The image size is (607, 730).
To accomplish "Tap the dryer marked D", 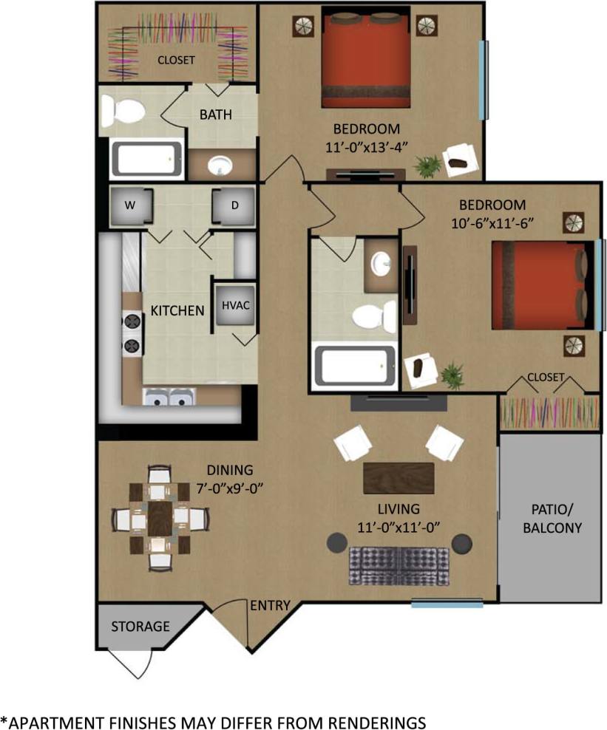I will [234, 206].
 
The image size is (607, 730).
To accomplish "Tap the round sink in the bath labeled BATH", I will [220, 166].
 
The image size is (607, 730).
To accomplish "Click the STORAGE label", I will [140, 627].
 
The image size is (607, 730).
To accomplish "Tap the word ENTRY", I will [270, 606].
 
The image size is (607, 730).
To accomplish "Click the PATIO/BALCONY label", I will [552, 519].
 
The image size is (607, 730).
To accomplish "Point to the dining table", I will [160, 517].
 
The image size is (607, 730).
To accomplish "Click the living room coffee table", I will [399, 478].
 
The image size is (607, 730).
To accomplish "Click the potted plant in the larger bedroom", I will [426, 166].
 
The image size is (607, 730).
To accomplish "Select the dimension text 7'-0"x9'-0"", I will [229, 488].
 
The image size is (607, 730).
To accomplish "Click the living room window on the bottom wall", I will [447, 604].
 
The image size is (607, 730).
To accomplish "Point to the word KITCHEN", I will [177, 311].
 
